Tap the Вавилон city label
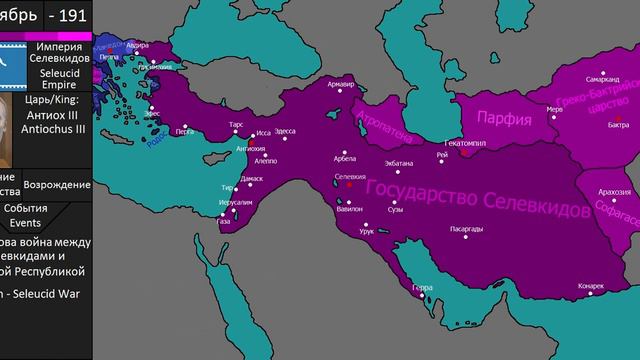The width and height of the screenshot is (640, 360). pos(350,210)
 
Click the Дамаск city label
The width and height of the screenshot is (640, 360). pos(252,178)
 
